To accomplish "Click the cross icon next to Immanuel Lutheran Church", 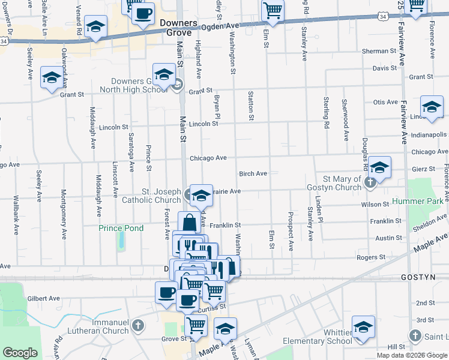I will coord(138,326).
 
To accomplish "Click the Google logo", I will coord(20,353).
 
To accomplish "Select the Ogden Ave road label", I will coord(221,26).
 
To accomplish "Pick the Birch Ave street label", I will coord(253,173).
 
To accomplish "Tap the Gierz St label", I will coord(421,169).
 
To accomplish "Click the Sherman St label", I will coord(379,51).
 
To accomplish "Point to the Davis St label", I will coord(385,68).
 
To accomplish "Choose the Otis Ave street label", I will coord(385,103).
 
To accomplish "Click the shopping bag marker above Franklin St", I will coord(189,223).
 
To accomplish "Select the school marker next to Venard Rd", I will coord(95,26).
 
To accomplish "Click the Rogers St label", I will coord(370,257).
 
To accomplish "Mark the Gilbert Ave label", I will coord(44,298).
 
